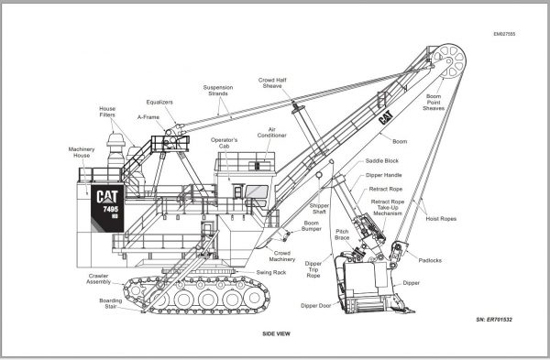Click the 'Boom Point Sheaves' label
tap(434, 102)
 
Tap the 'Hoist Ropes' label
tap(445, 220)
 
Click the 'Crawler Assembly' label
tap(99, 278)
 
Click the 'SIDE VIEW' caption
tap(275, 333)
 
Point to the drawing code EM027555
tap(505, 33)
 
